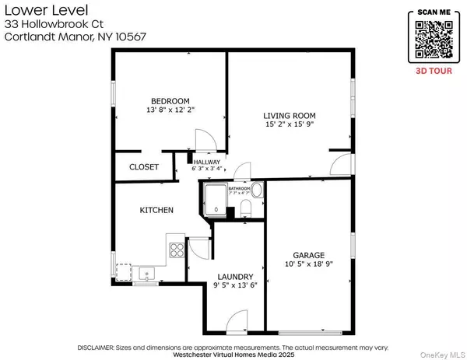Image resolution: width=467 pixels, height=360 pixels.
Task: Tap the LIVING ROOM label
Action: pos(288,115)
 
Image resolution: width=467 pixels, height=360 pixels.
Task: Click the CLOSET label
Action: pos(144,167)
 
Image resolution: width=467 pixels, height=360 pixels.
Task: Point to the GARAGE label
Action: pos(308,255)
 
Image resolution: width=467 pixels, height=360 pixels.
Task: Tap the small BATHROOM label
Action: pos(239,189)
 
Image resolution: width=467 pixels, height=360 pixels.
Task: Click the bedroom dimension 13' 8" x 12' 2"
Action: pos(170,111)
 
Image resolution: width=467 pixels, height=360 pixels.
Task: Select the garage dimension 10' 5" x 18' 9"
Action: pos(308,264)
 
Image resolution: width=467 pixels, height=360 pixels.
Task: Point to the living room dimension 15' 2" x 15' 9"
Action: pos(288,124)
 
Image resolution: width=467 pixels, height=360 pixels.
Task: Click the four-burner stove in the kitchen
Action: pos(177,250)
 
